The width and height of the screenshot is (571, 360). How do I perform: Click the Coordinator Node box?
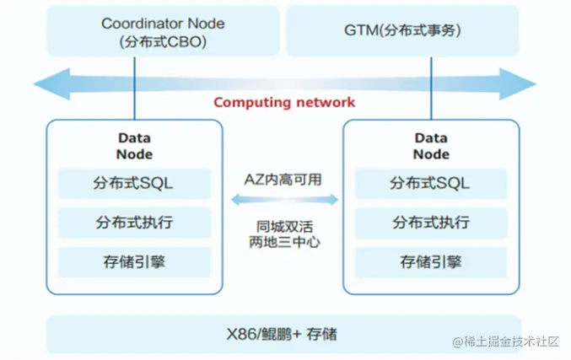[163, 31]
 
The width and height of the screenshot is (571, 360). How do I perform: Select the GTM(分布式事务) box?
[402, 31]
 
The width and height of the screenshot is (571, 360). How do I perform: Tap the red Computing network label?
[284, 102]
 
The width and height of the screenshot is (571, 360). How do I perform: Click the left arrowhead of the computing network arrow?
[51, 83]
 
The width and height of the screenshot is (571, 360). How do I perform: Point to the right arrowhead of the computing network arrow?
[518, 83]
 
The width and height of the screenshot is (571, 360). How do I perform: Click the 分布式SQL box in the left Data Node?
[134, 184]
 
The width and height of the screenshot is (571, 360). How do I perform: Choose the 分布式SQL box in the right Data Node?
[431, 184]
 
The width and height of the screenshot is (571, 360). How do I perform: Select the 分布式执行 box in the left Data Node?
[134, 223]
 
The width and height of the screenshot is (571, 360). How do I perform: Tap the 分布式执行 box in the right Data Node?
[431, 223]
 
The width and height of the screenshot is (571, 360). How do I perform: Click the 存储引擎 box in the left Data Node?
[134, 262]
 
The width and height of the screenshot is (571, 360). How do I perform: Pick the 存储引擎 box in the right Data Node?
[431, 262]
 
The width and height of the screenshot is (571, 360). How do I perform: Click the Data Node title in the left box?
[134, 146]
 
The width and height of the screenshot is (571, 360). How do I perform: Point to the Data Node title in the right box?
[431, 146]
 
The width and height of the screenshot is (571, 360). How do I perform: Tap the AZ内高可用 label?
[283, 180]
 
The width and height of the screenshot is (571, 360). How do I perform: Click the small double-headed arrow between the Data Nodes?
[284, 200]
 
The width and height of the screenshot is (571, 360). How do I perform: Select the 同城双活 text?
[284, 227]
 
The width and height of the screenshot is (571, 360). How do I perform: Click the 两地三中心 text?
[284, 242]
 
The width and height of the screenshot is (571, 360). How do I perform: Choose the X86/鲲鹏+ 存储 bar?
[284, 334]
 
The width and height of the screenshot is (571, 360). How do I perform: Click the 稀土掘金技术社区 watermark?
[505, 341]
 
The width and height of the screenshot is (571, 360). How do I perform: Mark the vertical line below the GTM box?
[431, 88]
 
